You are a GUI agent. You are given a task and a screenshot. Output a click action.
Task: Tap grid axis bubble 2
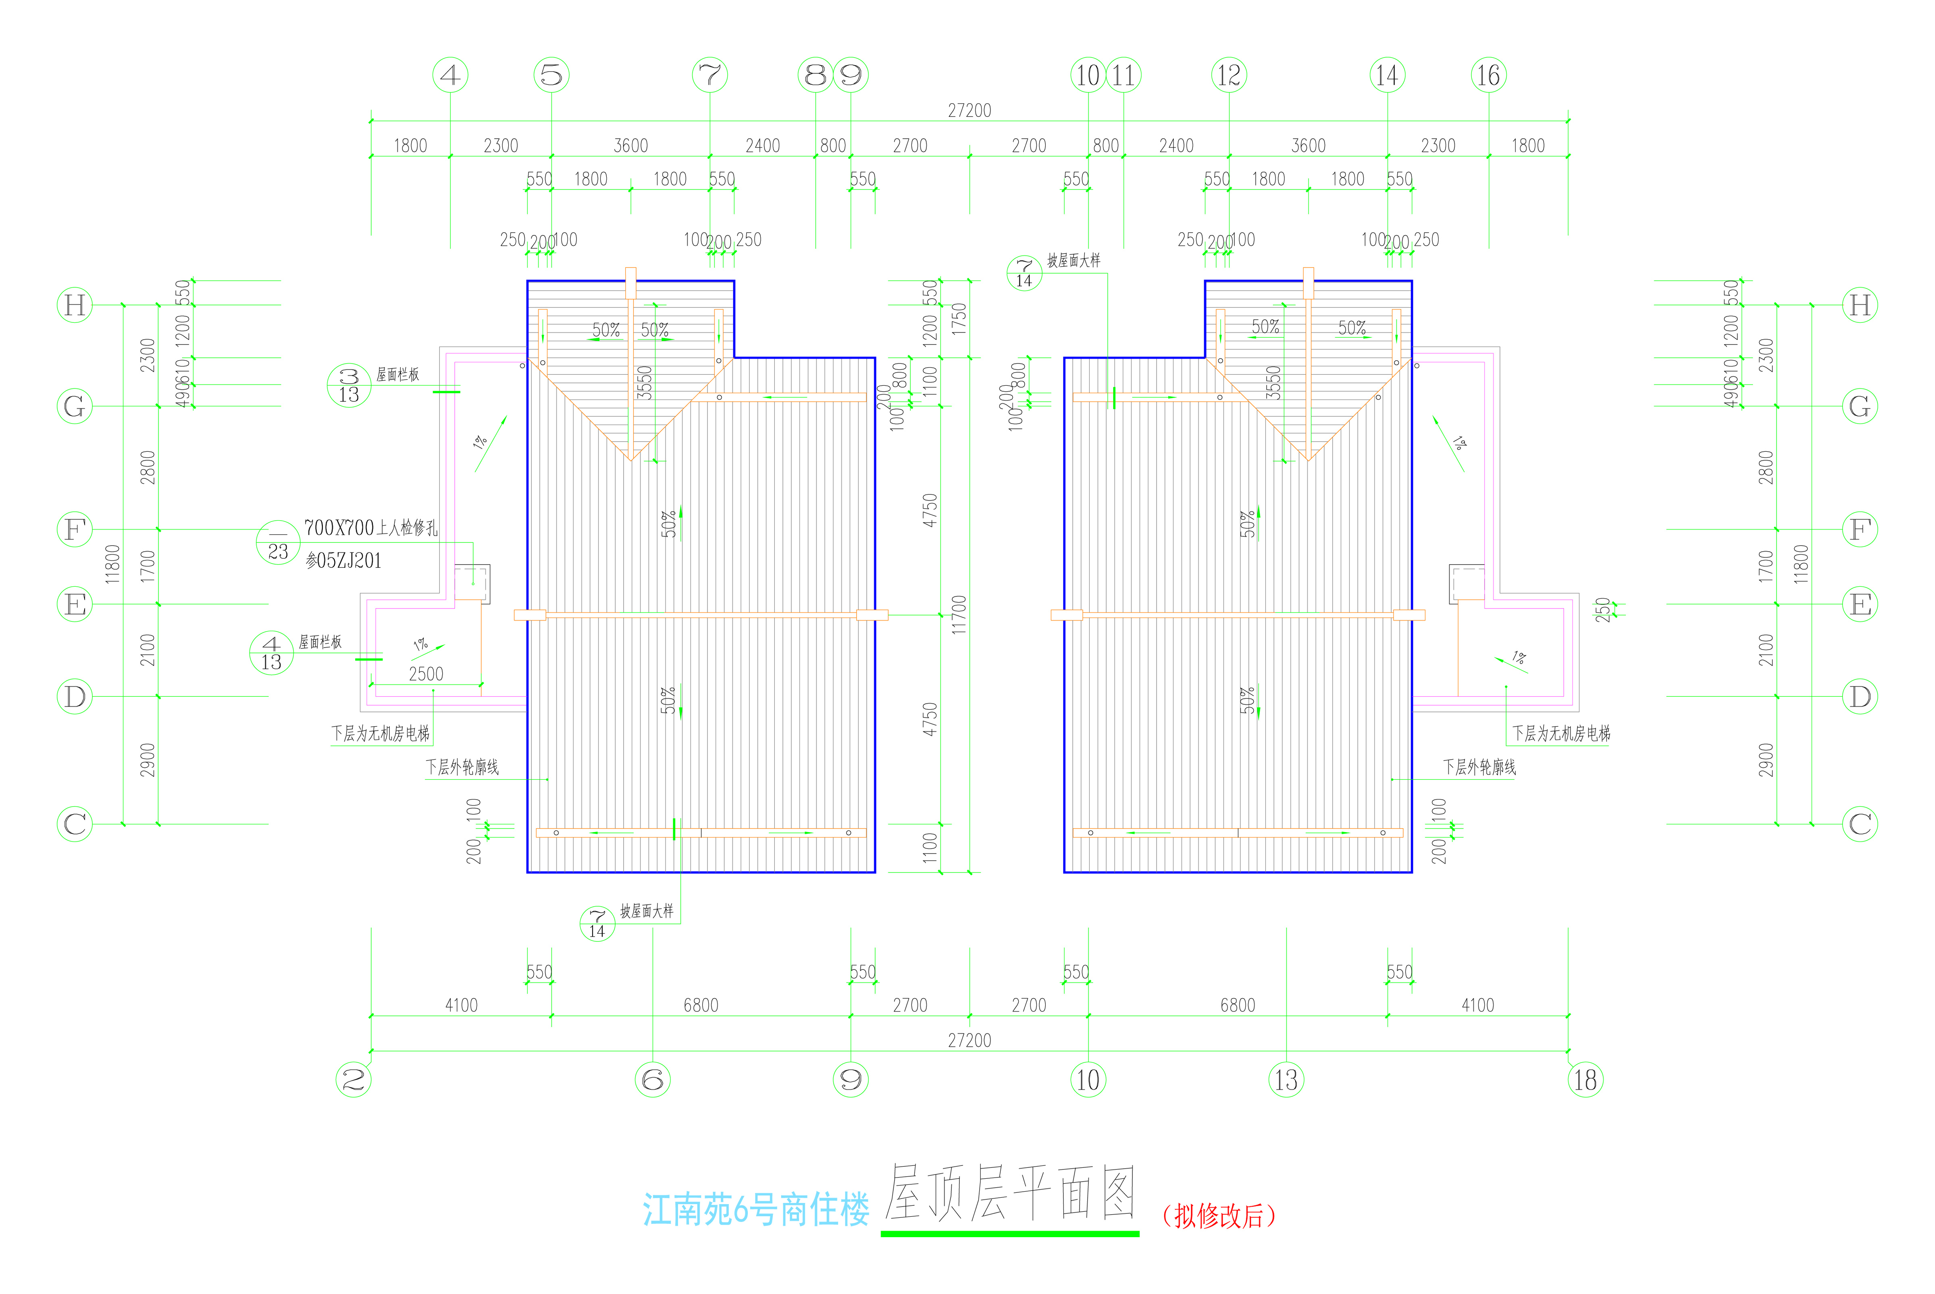pyautogui.click(x=353, y=1080)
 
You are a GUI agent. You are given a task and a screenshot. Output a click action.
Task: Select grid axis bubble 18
pyautogui.click(x=1585, y=1080)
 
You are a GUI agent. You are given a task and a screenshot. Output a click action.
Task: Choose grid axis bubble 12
pyautogui.click(x=1228, y=75)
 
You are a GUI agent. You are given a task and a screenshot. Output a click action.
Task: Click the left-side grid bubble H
pyautogui.click(x=74, y=305)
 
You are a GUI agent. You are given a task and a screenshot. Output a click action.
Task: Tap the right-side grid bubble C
pyautogui.click(x=1860, y=824)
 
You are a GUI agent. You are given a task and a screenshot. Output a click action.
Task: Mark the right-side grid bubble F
pyautogui.click(x=1860, y=529)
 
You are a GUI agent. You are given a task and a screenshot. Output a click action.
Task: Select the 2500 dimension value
pyautogui.click(x=426, y=674)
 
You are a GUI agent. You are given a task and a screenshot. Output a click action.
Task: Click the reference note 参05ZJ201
pyautogui.click(x=343, y=561)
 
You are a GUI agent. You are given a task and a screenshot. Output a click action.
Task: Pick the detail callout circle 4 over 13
pyautogui.click(x=272, y=653)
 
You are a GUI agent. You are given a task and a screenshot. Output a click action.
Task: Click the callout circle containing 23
pyautogui.click(x=278, y=542)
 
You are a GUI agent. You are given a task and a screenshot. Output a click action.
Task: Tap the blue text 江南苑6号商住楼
pyautogui.click(x=755, y=1210)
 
